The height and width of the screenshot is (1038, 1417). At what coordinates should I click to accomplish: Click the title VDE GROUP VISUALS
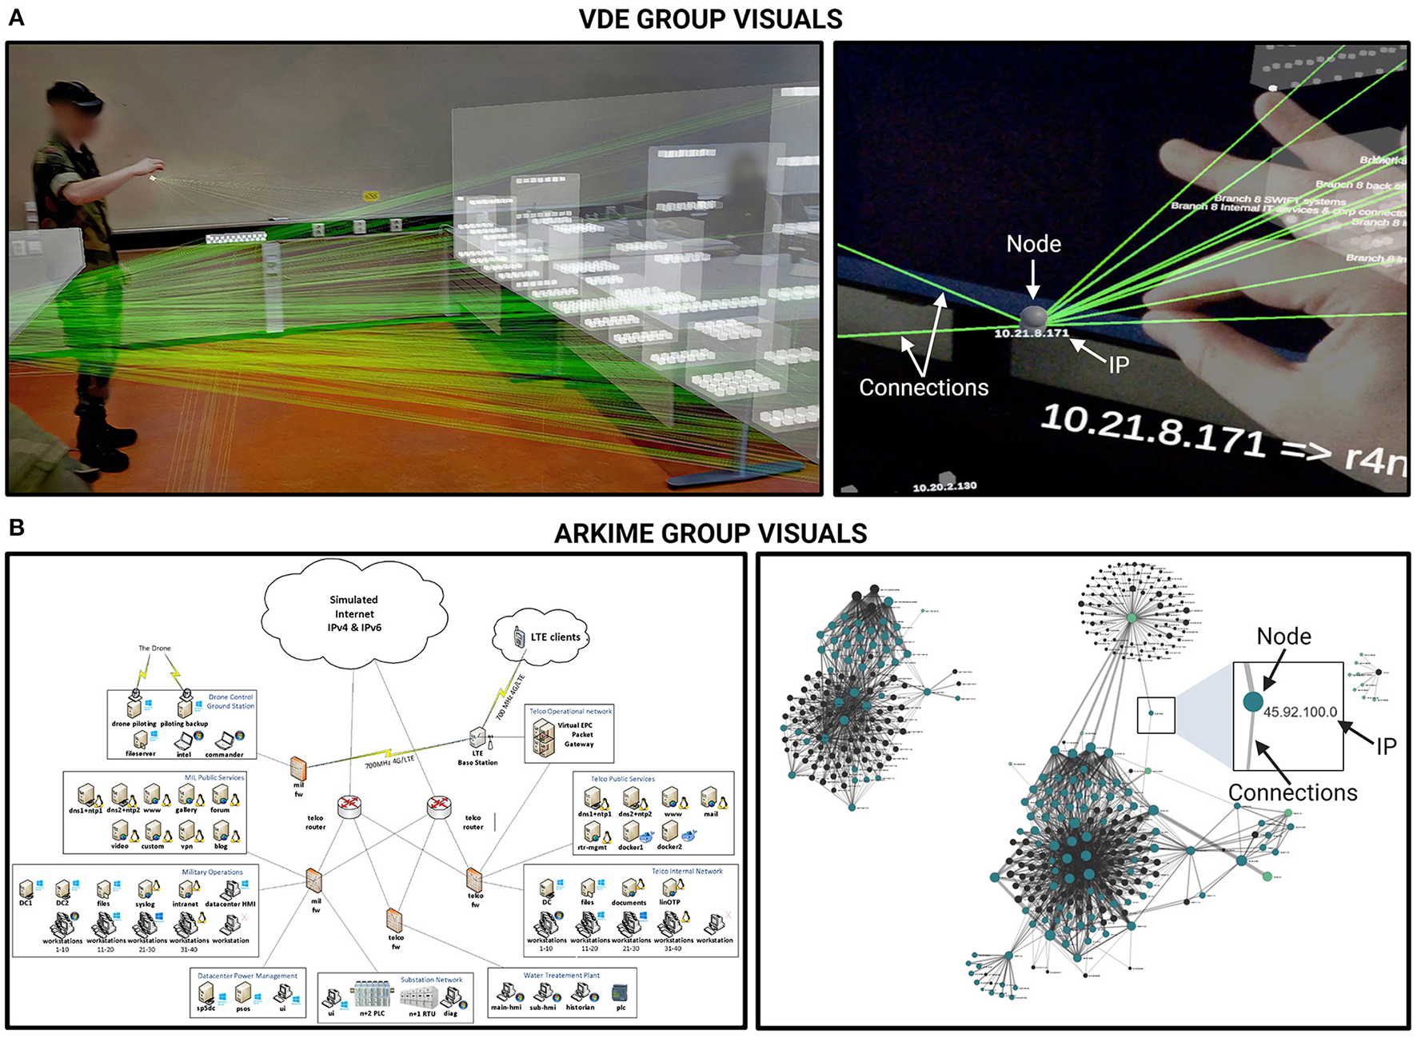[x=710, y=19]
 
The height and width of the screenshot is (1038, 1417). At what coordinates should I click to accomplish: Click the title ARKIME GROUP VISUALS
[x=710, y=533]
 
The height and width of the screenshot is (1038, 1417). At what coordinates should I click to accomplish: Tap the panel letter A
[x=16, y=18]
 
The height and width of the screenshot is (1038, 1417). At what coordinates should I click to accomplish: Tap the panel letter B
[x=16, y=528]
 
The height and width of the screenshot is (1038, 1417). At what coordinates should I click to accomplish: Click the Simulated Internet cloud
[x=353, y=613]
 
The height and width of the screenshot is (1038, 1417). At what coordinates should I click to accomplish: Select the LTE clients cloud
[x=544, y=637]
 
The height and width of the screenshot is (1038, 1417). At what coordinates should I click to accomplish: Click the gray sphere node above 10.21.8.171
[x=1032, y=315]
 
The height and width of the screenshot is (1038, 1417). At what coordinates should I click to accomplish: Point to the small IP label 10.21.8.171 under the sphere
[x=1031, y=333]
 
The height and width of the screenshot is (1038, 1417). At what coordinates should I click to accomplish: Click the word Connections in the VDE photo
[x=924, y=388]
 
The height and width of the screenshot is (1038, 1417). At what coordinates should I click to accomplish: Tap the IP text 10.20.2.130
[x=944, y=486]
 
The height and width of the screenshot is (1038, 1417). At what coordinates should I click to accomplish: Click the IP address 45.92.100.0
[x=1299, y=713]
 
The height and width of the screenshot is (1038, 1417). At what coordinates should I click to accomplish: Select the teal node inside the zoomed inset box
[x=1253, y=702]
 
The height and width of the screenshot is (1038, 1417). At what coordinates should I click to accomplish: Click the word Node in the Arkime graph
[x=1283, y=637]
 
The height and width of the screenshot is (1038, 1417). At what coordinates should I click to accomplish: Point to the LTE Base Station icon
[x=477, y=738]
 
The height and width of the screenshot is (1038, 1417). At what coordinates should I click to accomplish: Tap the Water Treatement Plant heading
[x=561, y=976]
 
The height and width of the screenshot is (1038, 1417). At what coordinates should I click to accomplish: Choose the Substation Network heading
[x=431, y=980]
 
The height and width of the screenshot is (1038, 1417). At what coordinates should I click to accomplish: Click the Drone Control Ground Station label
[x=230, y=701]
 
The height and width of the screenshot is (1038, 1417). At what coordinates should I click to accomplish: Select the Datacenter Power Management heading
[x=247, y=976]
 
